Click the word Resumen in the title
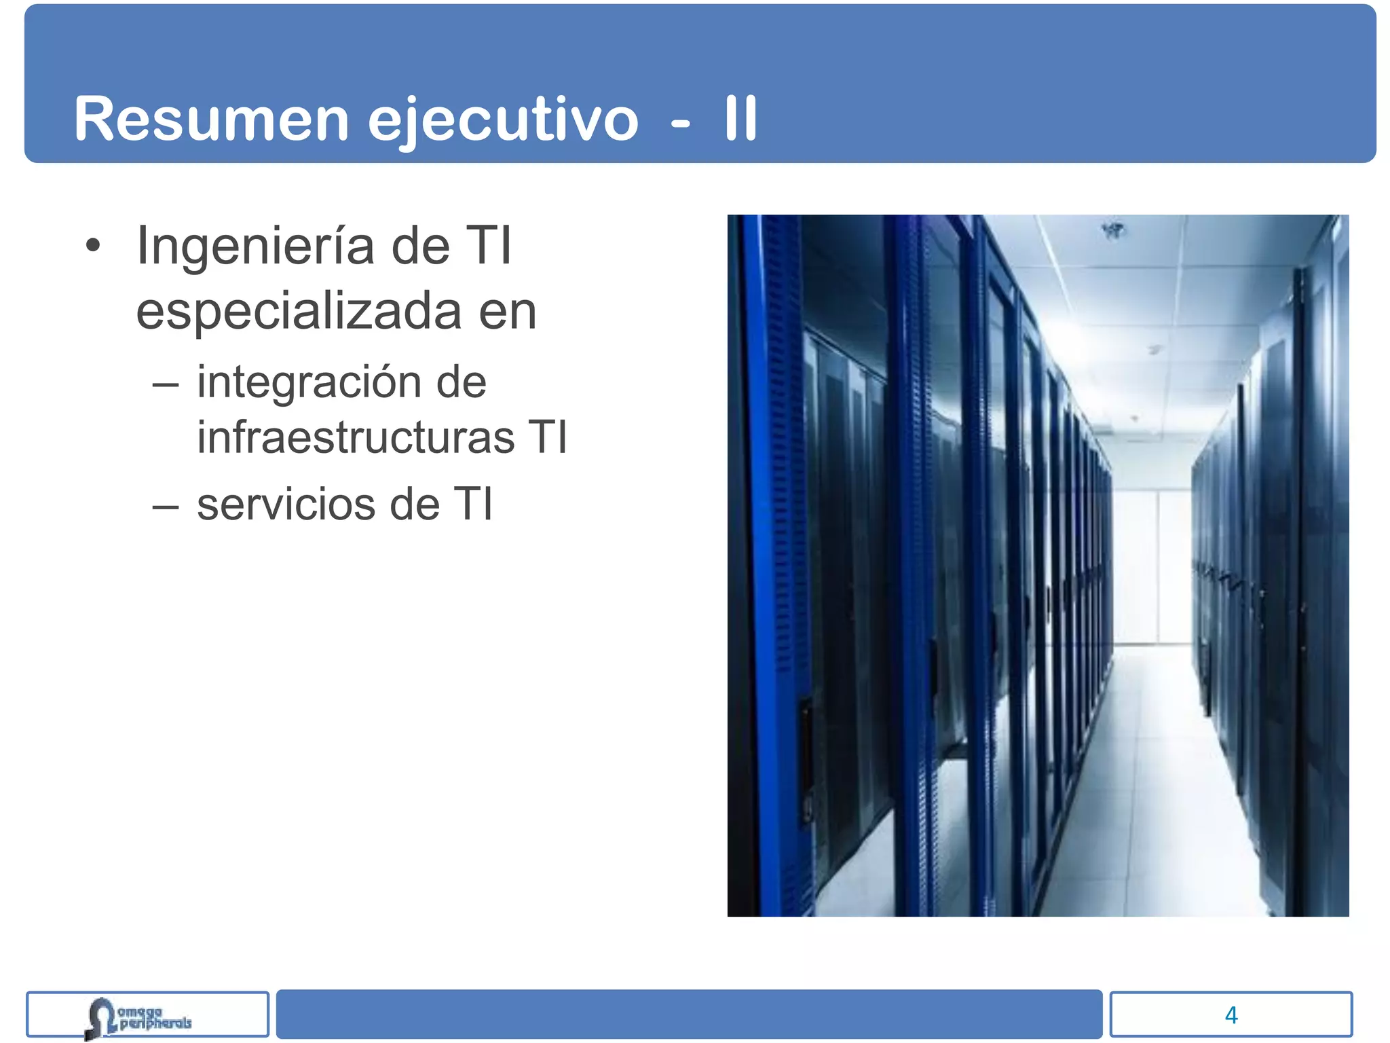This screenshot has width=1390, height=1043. [210, 119]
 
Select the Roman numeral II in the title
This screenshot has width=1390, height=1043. [740, 119]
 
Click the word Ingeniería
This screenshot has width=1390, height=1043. [255, 246]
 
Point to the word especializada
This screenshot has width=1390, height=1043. [299, 312]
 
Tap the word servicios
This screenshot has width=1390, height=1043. [286, 505]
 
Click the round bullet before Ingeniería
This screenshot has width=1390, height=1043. [93, 246]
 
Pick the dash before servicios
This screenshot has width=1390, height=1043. [166, 506]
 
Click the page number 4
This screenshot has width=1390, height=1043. [1231, 1015]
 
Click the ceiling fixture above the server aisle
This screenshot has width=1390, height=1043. [1114, 231]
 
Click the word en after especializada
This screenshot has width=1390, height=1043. [508, 312]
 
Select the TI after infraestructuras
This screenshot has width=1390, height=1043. [547, 437]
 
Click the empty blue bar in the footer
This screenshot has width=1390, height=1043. [689, 1014]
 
